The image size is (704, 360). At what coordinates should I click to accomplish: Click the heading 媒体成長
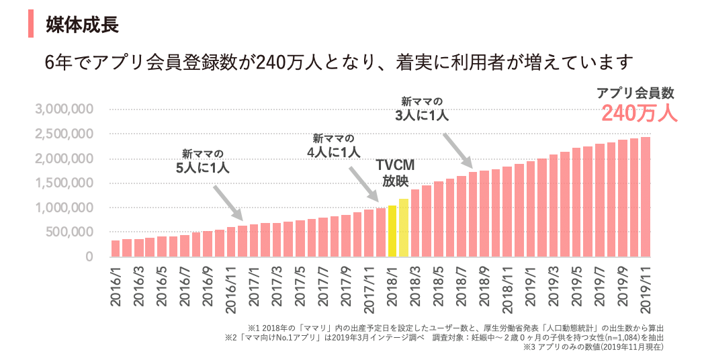[x=82, y=26]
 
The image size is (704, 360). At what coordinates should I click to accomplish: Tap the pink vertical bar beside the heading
[x=30, y=25]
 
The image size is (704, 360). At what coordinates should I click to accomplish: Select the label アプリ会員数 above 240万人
[x=635, y=93]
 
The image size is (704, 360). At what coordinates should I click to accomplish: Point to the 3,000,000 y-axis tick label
[x=64, y=109]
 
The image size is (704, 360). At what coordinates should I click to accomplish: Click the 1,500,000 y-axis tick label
[x=64, y=183]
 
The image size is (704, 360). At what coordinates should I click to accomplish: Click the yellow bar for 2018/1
[x=392, y=231]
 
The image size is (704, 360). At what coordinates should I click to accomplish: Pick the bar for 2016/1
[x=116, y=249]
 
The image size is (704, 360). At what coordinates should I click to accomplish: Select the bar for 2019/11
[x=645, y=197]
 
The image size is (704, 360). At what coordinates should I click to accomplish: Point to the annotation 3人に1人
[x=422, y=115]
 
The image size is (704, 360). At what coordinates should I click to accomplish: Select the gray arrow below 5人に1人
[x=228, y=202]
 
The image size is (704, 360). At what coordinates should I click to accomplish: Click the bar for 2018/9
[x=485, y=214]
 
